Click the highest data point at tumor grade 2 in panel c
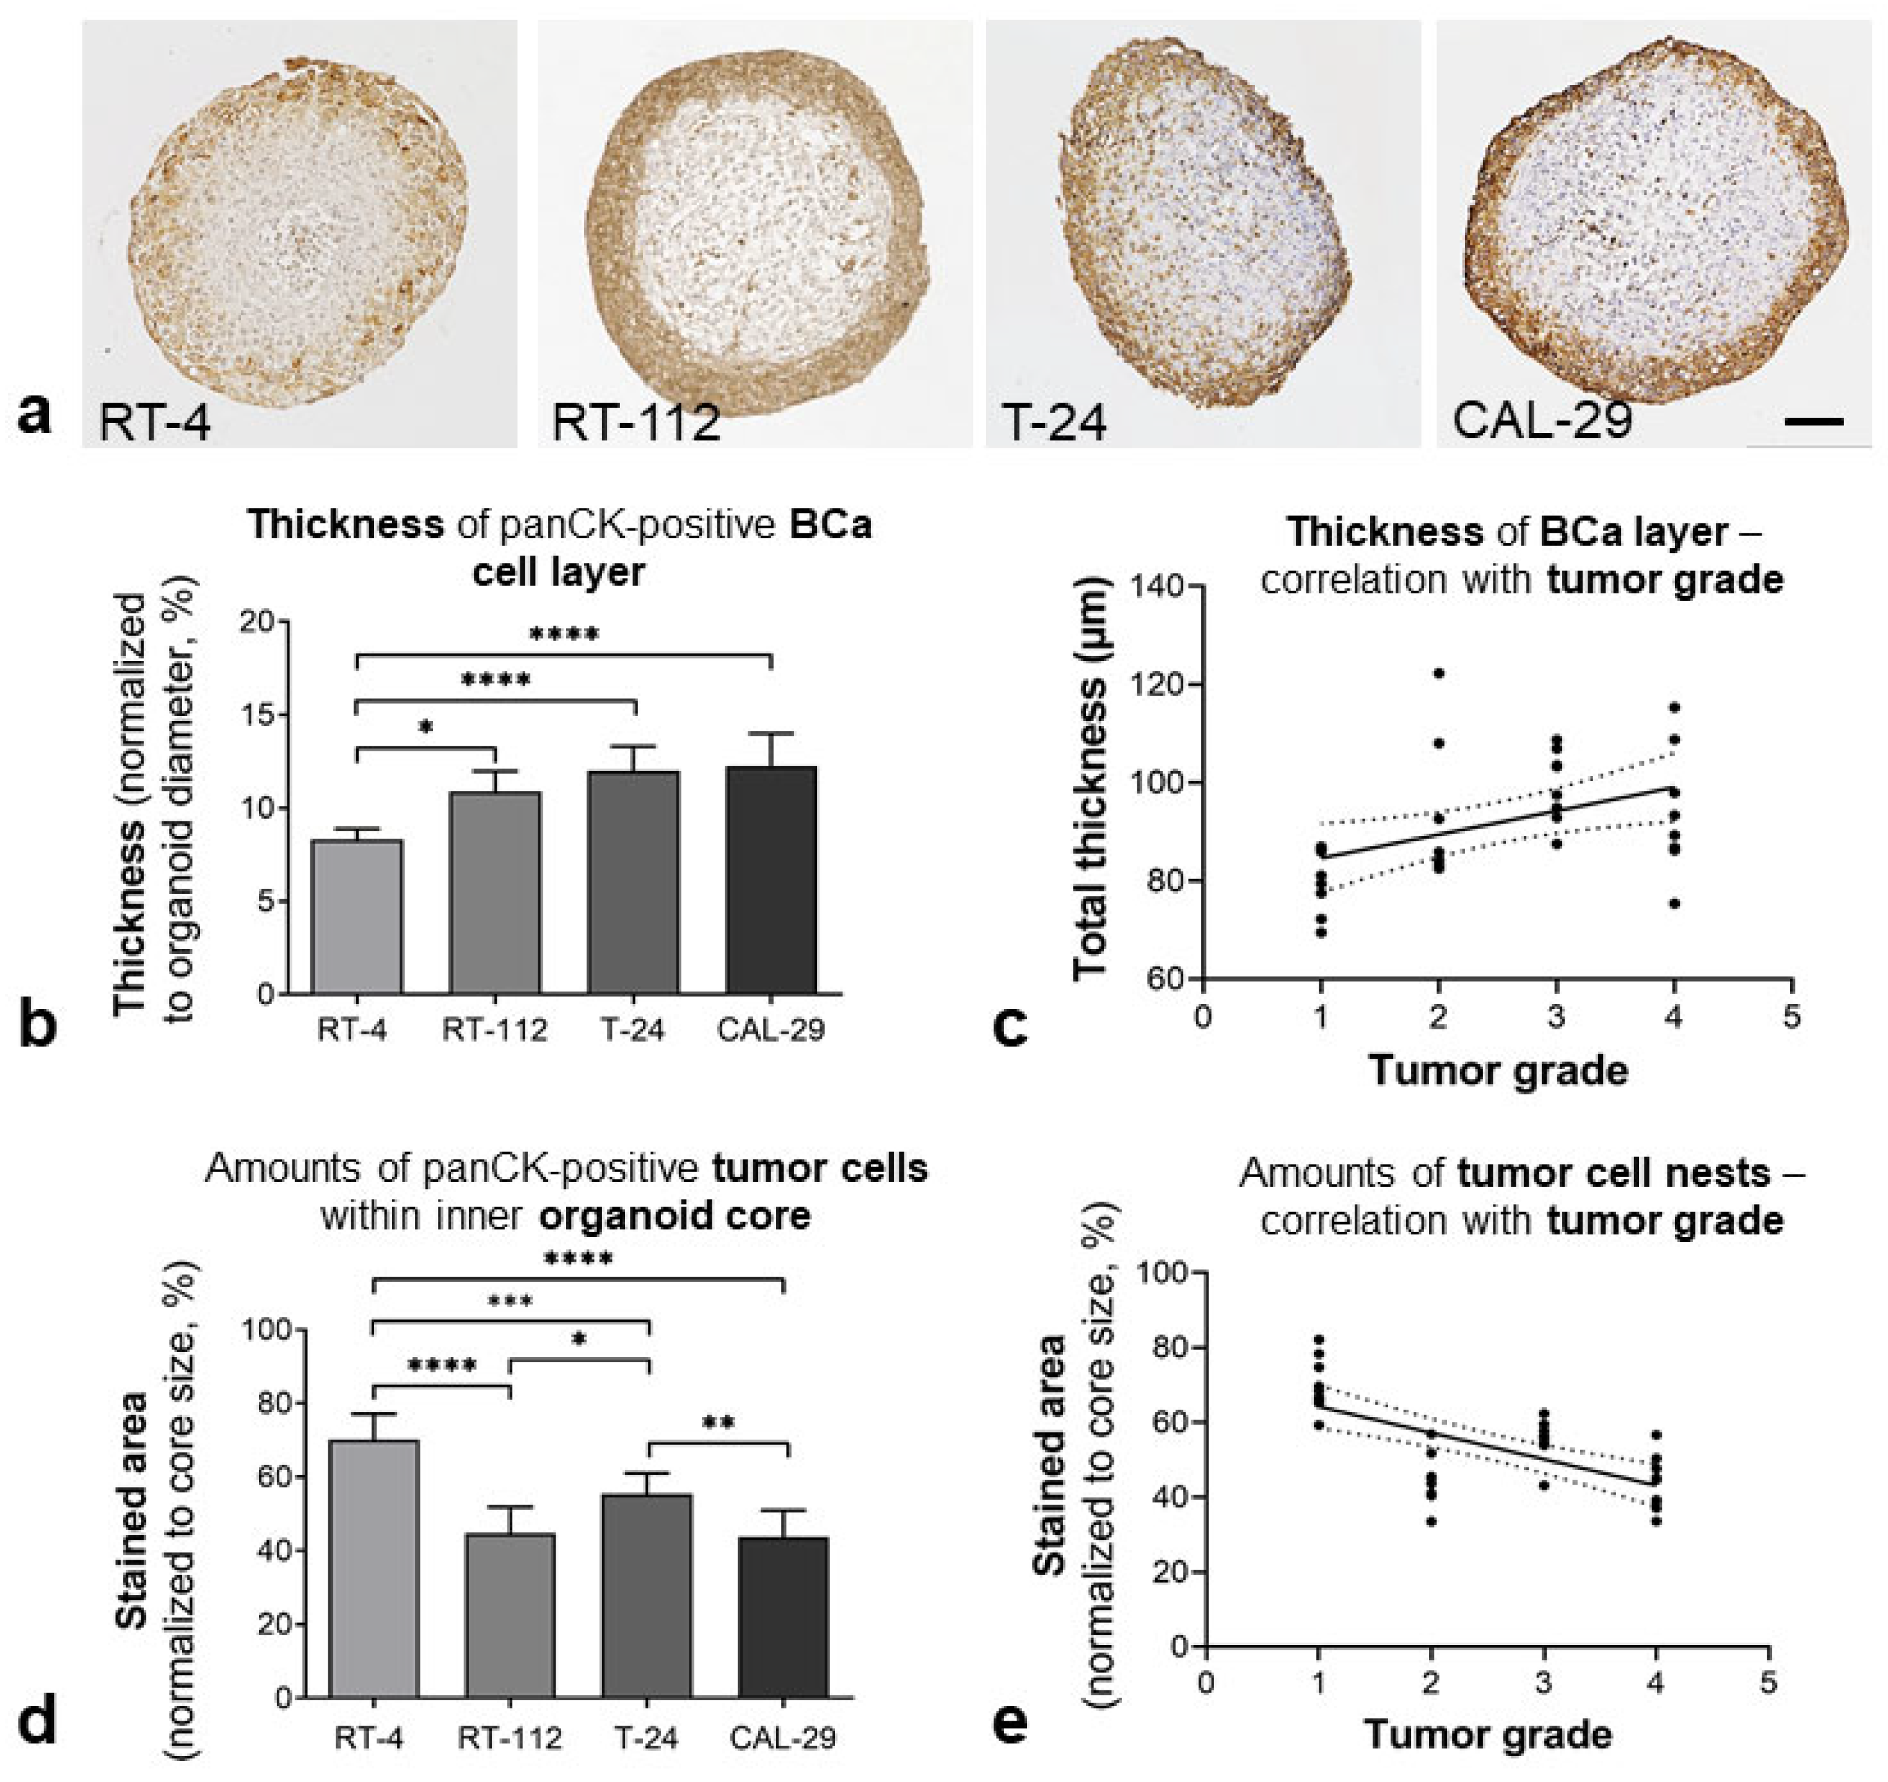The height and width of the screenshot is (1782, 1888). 1439,673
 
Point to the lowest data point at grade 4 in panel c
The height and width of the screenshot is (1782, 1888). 1674,903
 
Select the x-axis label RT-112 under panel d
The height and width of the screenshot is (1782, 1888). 510,1738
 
